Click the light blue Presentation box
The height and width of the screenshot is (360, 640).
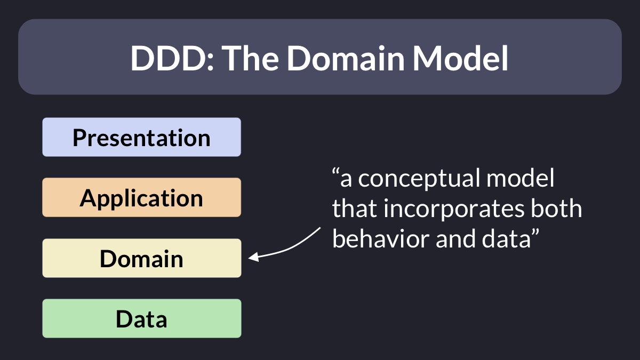142,137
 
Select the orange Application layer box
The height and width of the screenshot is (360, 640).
142,197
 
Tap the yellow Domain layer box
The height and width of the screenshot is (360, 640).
142,258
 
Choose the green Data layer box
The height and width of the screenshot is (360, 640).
142,318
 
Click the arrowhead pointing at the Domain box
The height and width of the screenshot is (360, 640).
253,257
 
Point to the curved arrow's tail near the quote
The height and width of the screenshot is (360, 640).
321,228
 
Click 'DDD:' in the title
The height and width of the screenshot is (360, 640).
172,58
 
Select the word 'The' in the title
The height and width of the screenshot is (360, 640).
250,58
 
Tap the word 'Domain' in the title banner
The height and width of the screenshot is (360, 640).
346,58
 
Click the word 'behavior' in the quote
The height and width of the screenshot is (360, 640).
380,238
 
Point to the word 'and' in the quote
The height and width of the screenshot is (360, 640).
454,238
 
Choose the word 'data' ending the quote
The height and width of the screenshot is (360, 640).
506,238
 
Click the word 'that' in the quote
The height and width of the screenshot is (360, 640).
354,209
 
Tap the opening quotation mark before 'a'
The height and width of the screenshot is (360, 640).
335,172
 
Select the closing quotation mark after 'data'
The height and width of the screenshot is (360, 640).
535,233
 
